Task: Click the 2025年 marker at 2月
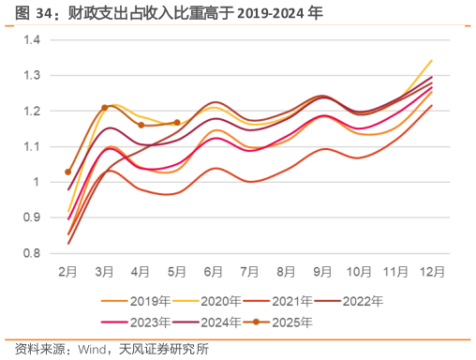tap(68, 172)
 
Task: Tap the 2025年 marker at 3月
tap(105, 107)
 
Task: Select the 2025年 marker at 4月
tap(141, 125)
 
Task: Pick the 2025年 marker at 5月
tap(177, 122)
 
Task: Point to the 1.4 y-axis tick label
tap(33, 39)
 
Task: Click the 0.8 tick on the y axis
tap(33, 253)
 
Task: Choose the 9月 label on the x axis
tap(322, 271)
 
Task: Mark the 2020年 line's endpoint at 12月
tap(431, 61)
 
